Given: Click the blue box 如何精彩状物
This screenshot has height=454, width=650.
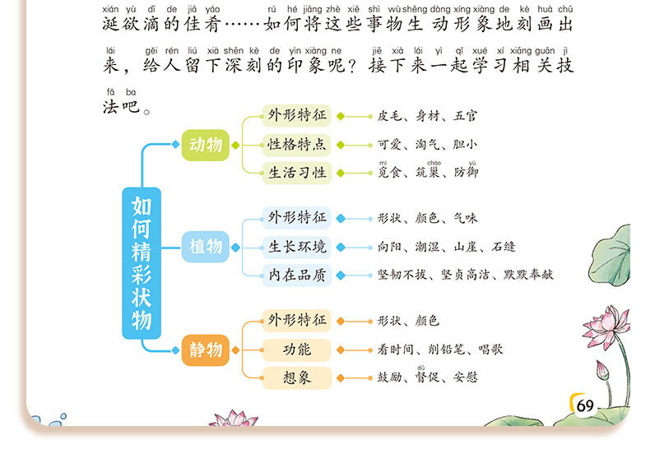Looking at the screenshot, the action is click(x=142, y=262).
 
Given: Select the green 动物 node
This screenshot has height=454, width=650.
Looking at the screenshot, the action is click(x=206, y=145).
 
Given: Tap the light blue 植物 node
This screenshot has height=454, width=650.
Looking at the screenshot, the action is click(x=206, y=246).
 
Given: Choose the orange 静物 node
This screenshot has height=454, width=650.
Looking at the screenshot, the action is click(x=206, y=350).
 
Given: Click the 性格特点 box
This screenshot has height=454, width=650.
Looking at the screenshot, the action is click(x=297, y=145).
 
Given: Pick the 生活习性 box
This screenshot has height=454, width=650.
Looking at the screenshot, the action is click(x=297, y=173).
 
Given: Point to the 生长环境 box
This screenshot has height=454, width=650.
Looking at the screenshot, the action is click(x=297, y=247).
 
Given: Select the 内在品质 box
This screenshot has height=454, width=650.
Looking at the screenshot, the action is click(x=297, y=275).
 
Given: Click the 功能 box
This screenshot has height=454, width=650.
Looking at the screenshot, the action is click(x=297, y=350).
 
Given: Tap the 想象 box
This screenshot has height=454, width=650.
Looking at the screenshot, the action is click(x=297, y=378).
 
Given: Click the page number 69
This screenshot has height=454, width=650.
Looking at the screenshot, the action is click(x=585, y=405).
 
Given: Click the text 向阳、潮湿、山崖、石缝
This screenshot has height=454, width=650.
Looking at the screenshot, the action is click(x=447, y=247).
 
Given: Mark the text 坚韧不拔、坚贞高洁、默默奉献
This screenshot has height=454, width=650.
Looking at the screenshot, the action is click(x=466, y=275).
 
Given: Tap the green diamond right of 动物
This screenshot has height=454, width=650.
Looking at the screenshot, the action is click(x=236, y=145).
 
